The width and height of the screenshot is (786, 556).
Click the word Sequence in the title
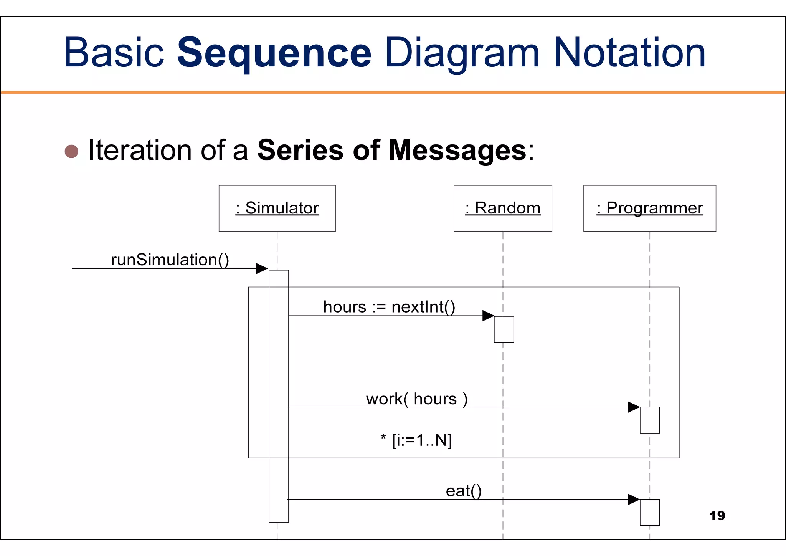click(274, 53)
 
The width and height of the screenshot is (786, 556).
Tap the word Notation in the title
click(629, 53)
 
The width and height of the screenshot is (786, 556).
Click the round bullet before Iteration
click(71, 151)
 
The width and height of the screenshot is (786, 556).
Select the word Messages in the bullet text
click(457, 151)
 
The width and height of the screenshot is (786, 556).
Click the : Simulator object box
click(277, 208)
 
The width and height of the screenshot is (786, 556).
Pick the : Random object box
click(503, 208)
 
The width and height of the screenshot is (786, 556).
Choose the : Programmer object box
click(649, 208)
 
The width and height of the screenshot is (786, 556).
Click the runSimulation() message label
click(170, 260)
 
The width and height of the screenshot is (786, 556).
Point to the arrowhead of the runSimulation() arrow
click(262, 268)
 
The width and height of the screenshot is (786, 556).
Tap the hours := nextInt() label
click(389, 307)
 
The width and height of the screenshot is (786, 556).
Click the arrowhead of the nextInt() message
click(488, 316)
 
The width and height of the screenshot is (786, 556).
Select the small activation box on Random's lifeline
click(504, 329)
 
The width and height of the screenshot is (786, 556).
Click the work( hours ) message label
click(417, 399)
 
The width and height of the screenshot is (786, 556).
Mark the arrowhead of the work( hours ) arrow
click(634, 407)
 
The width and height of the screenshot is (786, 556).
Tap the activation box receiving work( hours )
click(649, 420)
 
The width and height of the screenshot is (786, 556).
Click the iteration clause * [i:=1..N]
click(416, 440)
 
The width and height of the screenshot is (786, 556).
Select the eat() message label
click(464, 491)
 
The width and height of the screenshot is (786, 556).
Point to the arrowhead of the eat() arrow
click(634, 500)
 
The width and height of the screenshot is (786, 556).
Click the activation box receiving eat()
click(649, 512)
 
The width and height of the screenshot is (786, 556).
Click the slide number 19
click(717, 516)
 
